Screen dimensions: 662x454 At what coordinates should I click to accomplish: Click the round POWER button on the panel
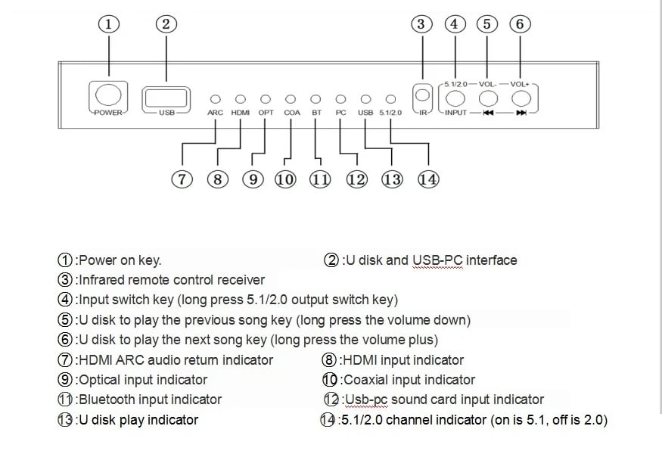pos(108,94)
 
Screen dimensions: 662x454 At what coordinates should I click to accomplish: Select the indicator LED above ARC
pos(216,99)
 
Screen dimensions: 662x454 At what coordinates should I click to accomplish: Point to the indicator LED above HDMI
pos(241,99)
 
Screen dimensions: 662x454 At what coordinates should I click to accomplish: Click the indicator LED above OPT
pos(265,99)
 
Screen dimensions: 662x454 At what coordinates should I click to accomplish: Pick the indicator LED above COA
pos(291,99)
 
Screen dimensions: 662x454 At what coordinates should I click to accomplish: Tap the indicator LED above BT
pos(315,99)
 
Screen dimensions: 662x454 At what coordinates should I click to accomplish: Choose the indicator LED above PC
pos(340,99)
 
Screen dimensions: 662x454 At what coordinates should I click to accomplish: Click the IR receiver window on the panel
pos(422,95)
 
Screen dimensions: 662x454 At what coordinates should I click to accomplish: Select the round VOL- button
pos(488,98)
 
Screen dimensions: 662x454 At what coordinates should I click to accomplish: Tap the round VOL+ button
pos(521,98)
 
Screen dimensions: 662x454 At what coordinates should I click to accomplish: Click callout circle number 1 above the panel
pos(109,24)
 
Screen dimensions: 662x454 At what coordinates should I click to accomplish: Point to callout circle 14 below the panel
pos(428,179)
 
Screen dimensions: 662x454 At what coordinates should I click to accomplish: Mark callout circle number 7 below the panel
pos(182,179)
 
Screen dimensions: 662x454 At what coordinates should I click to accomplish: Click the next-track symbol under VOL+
pos(521,113)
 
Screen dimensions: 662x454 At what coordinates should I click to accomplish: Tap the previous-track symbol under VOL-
pos(489,113)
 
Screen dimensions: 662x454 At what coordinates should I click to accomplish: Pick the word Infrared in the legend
pos(101,280)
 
